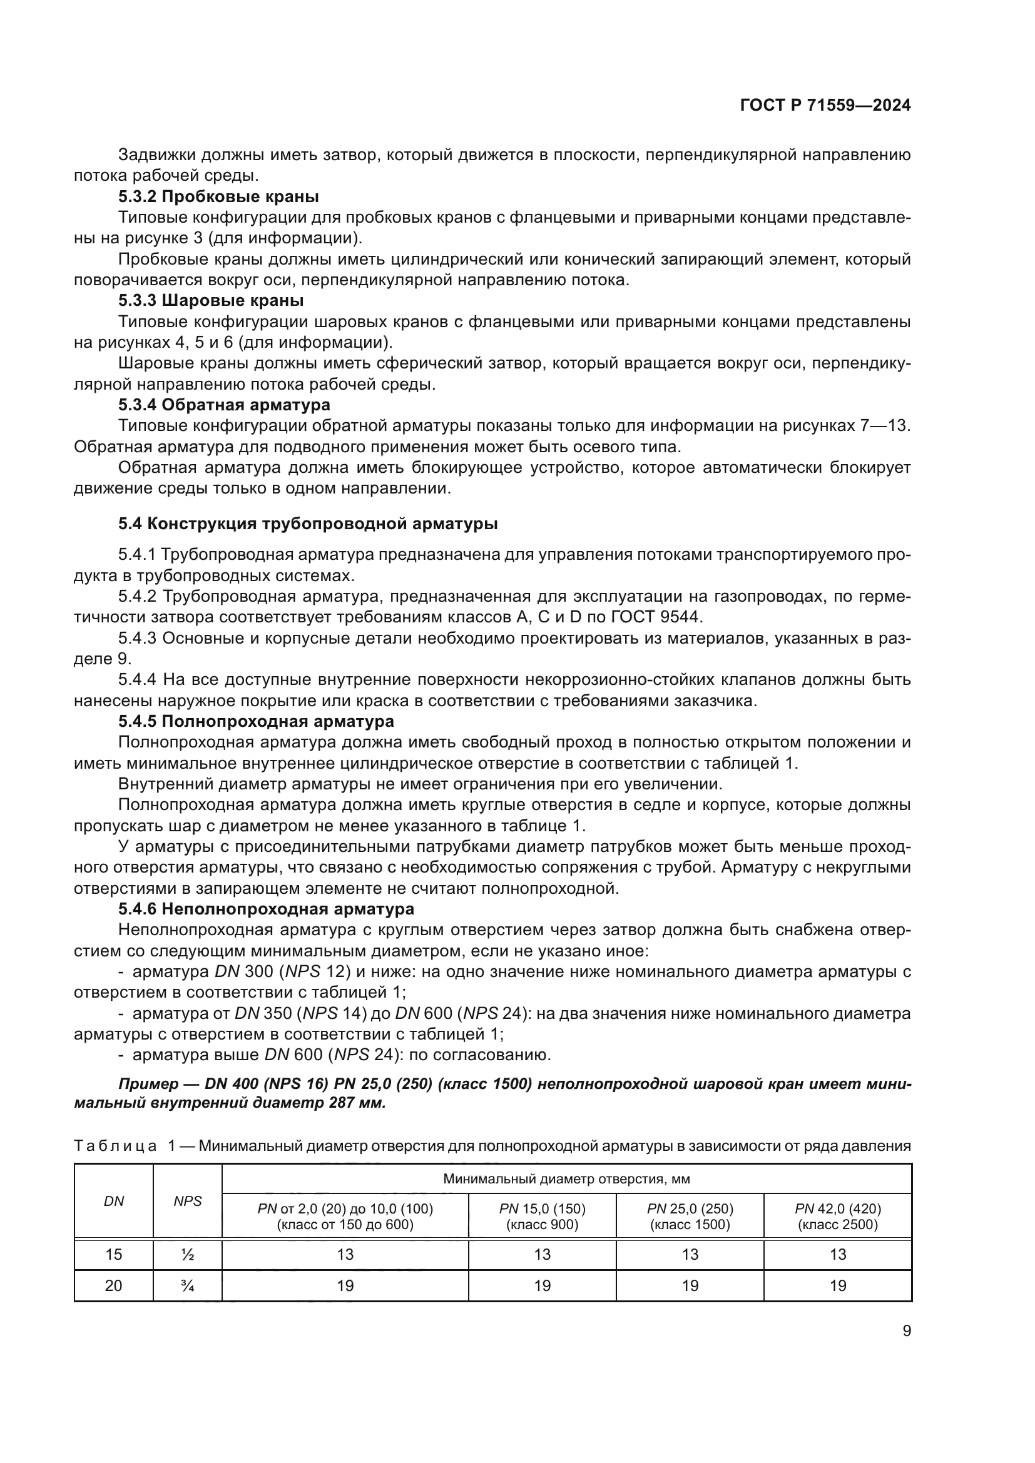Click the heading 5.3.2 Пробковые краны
218,196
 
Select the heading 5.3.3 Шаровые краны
210,300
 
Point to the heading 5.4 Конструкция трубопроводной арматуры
307,524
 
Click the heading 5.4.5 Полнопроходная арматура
255,721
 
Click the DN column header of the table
113,1201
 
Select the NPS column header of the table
187,1201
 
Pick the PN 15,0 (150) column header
542,1216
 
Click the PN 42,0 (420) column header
837,1216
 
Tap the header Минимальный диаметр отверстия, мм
566,1179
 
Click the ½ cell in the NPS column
187,1255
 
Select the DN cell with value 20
113,1286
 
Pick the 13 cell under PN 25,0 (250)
690,1255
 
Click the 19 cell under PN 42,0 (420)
837,1286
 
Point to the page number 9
906,1330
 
